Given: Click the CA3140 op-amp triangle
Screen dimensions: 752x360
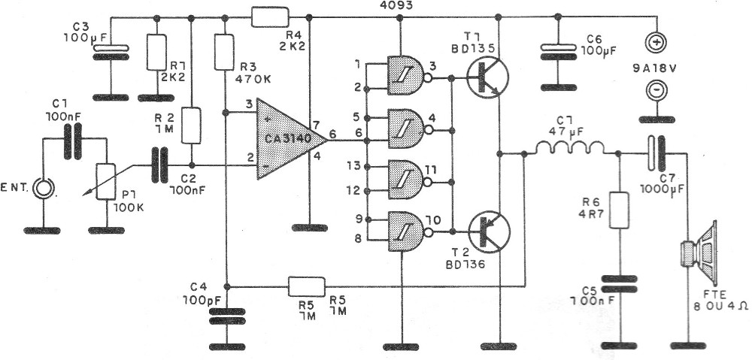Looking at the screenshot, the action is pyautogui.click(x=288, y=139).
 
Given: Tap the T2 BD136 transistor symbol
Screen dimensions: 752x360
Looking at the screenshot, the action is pyautogui.click(x=489, y=232).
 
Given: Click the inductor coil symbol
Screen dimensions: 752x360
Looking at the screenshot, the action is pyautogui.click(x=569, y=149).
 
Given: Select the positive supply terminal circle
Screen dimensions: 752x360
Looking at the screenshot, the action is pyautogui.click(x=656, y=43).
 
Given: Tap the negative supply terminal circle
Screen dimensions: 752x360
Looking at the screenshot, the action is pyautogui.click(x=656, y=89).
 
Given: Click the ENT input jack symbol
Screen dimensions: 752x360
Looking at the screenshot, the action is pyautogui.click(x=43, y=189).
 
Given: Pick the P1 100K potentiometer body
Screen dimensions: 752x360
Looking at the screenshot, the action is pyautogui.click(x=106, y=181).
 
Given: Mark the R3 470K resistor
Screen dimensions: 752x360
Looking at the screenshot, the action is pyautogui.click(x=224, y=52).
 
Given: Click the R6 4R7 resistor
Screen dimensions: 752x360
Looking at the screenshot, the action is pyautogui.click(x=619, y=210).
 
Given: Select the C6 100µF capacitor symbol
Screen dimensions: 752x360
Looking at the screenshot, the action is pyautogui.click(x=557, y=52).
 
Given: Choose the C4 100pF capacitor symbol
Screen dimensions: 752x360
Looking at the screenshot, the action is pyautogui.click(x=227, y=316).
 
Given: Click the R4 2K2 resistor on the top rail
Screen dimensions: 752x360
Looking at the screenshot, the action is pyautogui.click(x=271, y=17).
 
